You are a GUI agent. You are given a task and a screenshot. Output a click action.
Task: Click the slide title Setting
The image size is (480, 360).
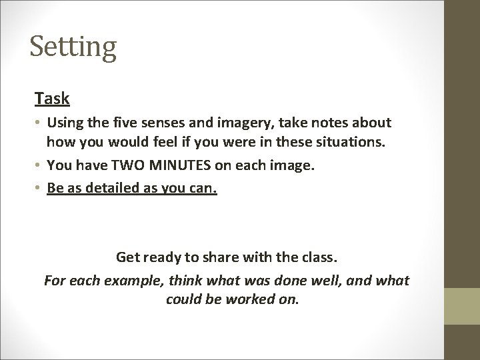click(x=73, y=48)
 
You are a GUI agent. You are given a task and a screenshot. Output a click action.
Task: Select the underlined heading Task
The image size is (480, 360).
click(x=52, y=99)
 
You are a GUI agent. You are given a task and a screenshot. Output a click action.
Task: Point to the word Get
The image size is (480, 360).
click(x=127, y=257)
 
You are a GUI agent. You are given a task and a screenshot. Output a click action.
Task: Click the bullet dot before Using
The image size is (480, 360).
click(x=39, y=124)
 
